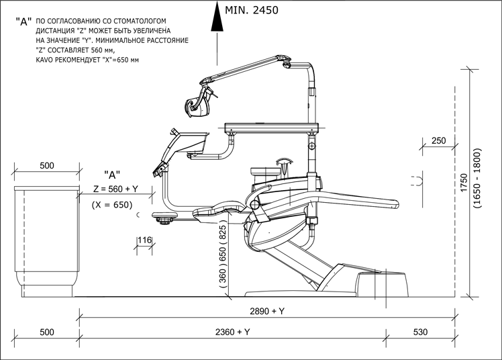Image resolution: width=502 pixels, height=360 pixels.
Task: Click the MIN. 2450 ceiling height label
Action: point(252,10)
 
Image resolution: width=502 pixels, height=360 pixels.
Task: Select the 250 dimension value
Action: point(438,140)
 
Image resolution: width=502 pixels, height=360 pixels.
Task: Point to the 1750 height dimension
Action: point(464,183)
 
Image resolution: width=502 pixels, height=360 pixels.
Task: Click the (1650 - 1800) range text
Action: point(476,178)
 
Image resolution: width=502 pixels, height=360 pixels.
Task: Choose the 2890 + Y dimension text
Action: point(267,311)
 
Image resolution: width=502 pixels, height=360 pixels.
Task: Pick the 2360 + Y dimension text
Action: point(232,332)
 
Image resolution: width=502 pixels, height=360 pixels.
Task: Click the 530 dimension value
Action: point(420,332)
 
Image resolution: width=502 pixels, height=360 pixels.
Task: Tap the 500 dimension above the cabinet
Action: point(47,166)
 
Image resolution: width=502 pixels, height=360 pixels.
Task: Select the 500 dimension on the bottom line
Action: point(47,332)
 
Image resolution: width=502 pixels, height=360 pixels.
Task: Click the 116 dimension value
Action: point(144,240)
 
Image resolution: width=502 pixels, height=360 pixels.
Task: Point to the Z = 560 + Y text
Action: point(115,189)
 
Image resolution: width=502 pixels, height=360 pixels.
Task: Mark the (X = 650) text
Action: point(112,205)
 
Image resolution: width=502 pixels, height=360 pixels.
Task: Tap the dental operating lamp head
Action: point(197,105)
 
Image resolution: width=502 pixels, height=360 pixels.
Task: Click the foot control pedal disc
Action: point(165,217)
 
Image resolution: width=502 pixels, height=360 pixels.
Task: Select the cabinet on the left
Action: point(47,242)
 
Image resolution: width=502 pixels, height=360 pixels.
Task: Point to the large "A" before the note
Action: point(23,21)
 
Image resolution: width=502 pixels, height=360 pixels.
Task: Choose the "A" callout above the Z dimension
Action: point(112,175)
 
